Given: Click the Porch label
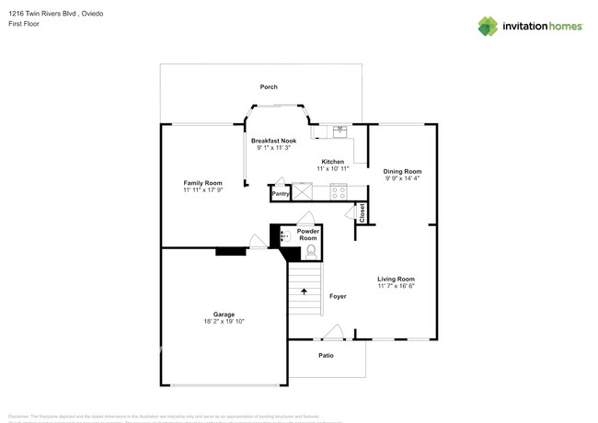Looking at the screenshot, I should (x=268, y=87).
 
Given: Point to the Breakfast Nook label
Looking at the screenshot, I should (x=274, y=141).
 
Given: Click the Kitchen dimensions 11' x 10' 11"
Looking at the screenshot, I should (x=332, y=168).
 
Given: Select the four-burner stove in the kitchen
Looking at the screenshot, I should (x=338, y=192).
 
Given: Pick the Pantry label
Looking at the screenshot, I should (x=281, y=194).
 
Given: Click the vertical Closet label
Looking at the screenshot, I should (x=362, y=213).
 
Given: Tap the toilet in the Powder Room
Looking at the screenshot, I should (x=310, y=248).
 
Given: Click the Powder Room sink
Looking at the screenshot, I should (x=284, y=236).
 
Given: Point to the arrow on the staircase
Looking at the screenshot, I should (x=305, y=292).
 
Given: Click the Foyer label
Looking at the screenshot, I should (x=337, y=296).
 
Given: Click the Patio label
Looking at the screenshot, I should (x=326, y=356).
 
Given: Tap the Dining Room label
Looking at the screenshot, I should (x=402, y=171).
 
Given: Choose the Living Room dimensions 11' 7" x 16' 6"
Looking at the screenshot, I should (x=397, y=286).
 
